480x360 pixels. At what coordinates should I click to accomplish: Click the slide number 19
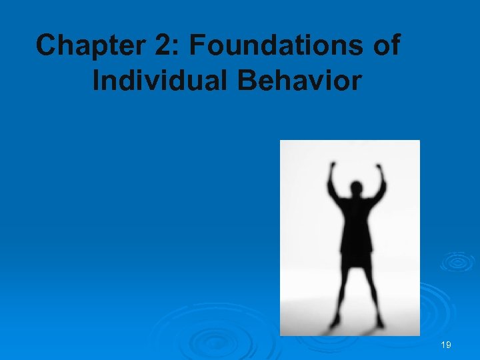click(446, 345)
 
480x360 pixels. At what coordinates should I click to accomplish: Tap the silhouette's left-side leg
click(341, 293)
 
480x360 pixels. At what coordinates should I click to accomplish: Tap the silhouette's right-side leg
click(371, 293)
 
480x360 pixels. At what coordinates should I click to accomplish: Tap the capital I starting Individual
click(97, 81)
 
